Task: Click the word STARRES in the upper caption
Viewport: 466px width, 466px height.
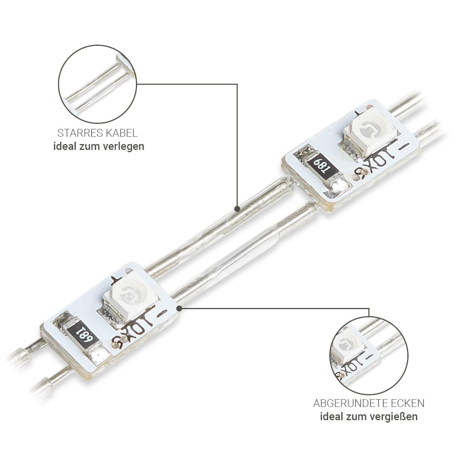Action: (77, 133)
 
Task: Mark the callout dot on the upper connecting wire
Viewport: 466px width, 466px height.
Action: (237, 209)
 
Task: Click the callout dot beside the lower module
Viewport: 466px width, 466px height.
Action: (179, 309)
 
